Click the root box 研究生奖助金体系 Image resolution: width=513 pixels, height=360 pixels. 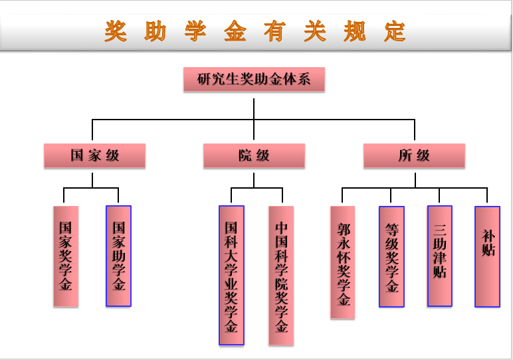coord(254,80)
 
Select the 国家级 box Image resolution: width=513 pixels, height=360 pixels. coord(94,156)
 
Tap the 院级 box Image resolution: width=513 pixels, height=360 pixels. coord(254,156)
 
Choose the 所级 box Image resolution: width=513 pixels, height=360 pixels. coord(414,156)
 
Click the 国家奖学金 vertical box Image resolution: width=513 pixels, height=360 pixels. coord(66,256)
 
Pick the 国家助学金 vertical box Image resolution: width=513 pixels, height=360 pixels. coord(119,256)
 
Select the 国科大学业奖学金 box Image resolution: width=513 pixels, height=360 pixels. coord(231,275)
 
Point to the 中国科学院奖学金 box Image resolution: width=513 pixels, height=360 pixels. coord(281,275)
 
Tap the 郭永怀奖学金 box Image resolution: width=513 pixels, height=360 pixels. coord(343,262)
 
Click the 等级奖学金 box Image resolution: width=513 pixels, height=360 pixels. coord(391,256)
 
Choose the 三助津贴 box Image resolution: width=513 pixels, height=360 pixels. coord(439,256)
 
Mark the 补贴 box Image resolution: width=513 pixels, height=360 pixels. coord(487,256)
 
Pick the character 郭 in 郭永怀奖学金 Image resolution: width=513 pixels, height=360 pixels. coord(343,229)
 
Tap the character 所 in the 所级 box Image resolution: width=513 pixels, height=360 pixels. coord(405,156)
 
